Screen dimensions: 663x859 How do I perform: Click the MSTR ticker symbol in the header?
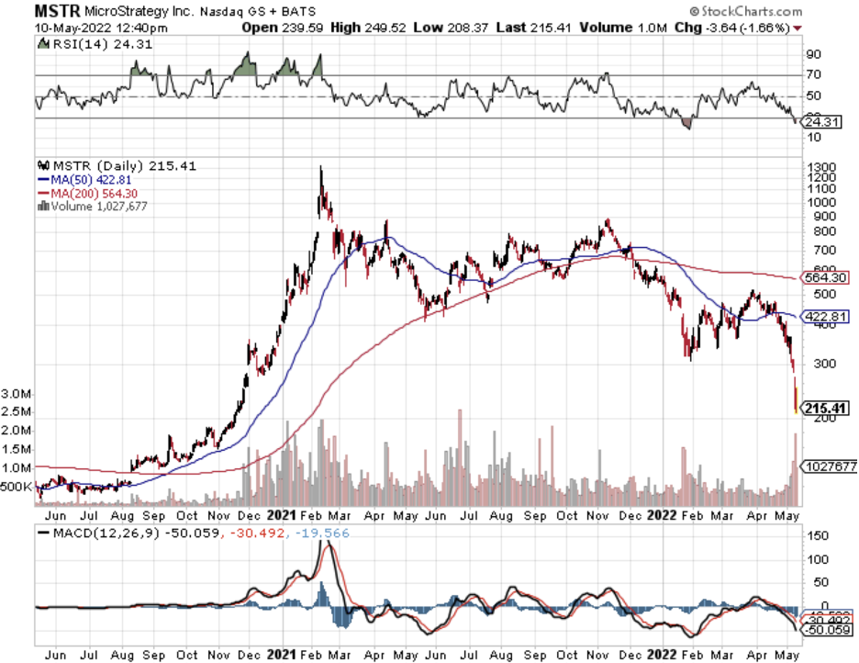pyautogui.click(x=57, y=12)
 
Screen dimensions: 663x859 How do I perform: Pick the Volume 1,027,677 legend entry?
pyautogui.click(x=92, y=207)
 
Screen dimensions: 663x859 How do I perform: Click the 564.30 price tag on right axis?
pyautogui.click(x=825, y=278)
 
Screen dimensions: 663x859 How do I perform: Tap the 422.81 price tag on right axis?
pyautogui.click(x=825, y=317)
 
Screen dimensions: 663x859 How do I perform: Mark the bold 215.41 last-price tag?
pyautogui.click(x=825, y=407)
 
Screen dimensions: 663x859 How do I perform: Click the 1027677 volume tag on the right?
pyautogui.click(x=830, y=466)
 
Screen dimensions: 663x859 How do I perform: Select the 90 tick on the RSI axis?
pyautogui.click(x=812, y=55)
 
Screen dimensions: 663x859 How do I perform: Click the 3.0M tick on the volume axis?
pyautogui.click(x=17, y=393)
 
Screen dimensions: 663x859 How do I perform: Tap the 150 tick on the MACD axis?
pyautogui.click(x=815, y=535)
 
